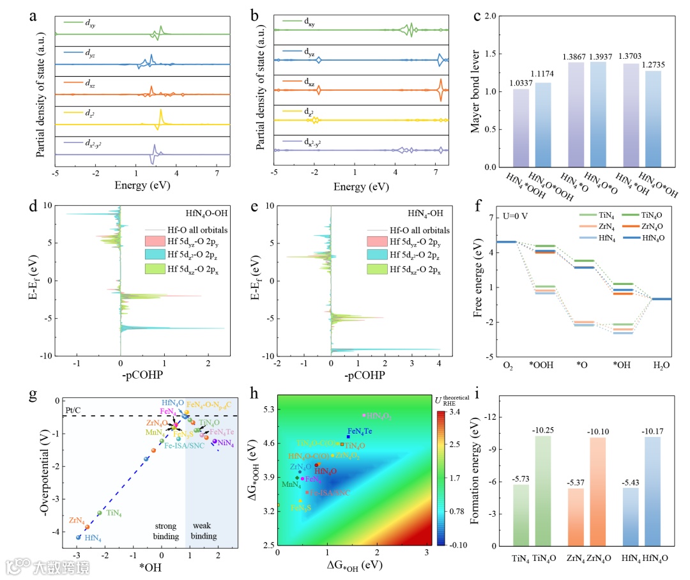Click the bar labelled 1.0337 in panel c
tap(521, 128)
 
